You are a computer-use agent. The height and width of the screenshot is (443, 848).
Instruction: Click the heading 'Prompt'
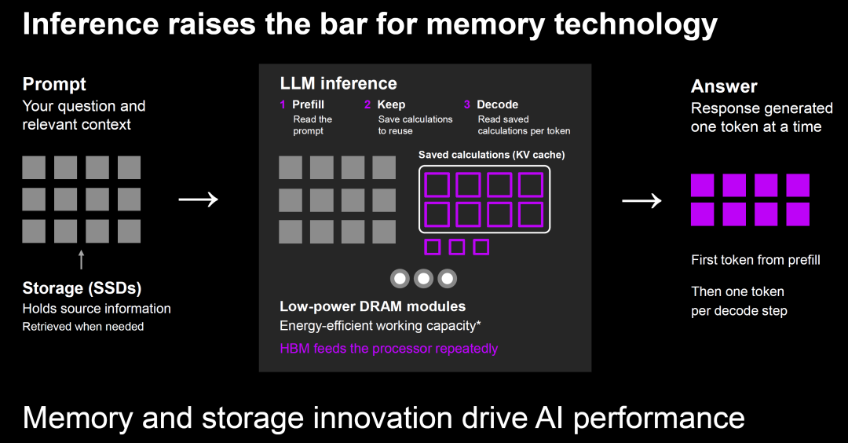click(54, 84)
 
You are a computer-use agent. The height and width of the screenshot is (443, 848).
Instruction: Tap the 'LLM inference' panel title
click(338, 83)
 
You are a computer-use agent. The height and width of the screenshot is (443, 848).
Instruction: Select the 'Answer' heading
click(724, 86)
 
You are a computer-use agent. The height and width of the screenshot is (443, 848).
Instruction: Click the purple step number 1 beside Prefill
click(283, 104)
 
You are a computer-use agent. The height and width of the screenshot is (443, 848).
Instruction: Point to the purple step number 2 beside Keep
click(367, 104)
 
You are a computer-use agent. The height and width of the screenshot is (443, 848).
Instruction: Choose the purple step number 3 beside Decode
click(467, 104)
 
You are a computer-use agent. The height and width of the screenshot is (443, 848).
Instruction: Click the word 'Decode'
click(498, 104)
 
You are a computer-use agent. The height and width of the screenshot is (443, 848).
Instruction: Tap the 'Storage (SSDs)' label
click(82, 288)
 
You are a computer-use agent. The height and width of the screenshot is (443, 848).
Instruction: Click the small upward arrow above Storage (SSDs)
click(81, 260)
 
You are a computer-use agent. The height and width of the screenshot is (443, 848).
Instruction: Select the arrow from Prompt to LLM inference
click(199, 200)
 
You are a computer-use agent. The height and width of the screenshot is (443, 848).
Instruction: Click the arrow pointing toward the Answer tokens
click(641, 200)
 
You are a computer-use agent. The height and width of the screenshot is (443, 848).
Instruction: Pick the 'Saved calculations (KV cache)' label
click(492, 155)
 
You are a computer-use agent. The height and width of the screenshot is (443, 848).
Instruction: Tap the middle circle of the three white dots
click(423, 279)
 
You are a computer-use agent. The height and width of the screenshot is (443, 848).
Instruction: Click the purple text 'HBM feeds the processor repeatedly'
click(389, 348)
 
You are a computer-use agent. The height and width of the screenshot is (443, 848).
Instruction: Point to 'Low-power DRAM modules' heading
click(373, 306)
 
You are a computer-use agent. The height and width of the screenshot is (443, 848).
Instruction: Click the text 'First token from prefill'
click(755, 260)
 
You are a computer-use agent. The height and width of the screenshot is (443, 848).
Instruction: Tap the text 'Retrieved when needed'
click(83, 327)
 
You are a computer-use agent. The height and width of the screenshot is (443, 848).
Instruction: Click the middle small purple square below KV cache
click(457, 247)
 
